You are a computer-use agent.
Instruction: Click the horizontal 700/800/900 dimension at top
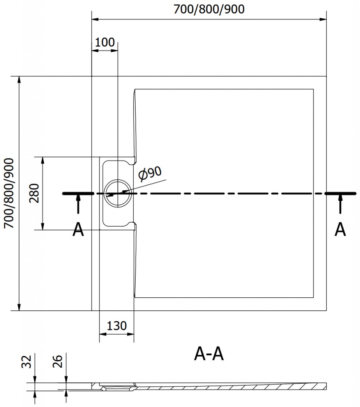[209, 9]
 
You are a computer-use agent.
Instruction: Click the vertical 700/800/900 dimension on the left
[9, 193]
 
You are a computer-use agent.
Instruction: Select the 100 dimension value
[105, 42]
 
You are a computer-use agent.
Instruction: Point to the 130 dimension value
[117, 326]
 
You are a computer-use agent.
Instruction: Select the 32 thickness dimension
[26, 361]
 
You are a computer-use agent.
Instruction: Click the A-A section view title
[209, 354]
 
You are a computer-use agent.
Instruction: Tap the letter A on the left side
[78, 229]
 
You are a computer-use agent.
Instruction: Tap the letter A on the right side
[340, 229]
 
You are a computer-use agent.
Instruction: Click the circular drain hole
[118, 193]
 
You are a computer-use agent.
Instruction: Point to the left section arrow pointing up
[78, 205]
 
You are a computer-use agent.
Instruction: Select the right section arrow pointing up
[340, 205]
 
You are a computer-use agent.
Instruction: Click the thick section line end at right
[340, 193]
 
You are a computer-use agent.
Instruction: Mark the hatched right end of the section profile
[316, 385]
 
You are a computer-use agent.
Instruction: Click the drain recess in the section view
[116, 385]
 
